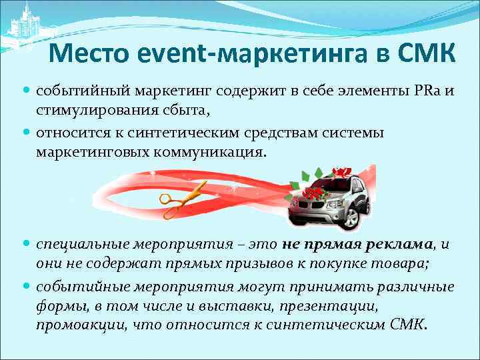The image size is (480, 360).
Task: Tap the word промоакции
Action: pos(79,325)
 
